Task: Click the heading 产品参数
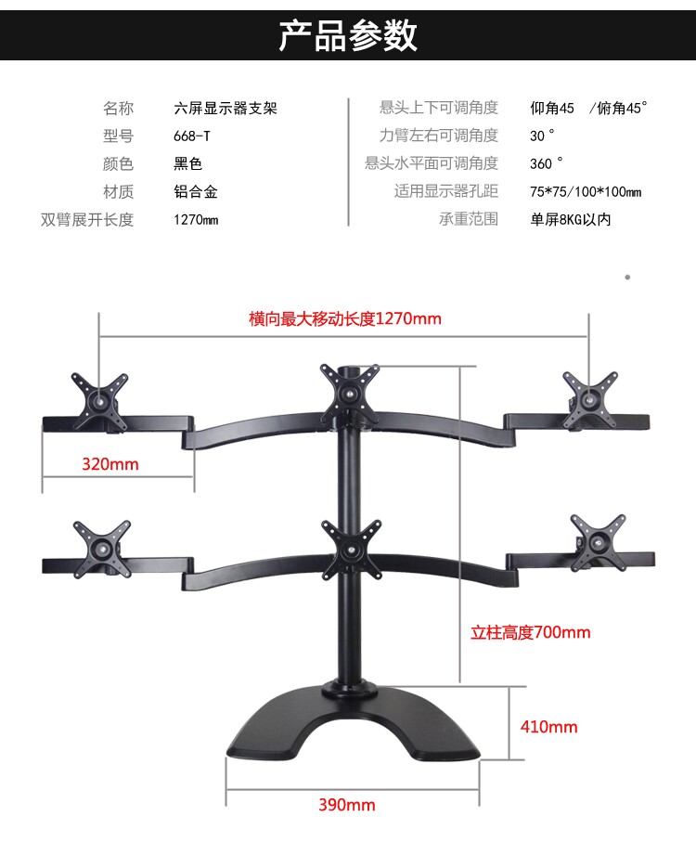[348, 34]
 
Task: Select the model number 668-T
[192, 136]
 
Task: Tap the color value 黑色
[187, 164]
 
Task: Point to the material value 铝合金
[196, 192]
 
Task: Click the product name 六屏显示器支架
[226, 108]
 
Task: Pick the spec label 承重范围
[469, 220]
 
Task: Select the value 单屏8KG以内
[571, 220]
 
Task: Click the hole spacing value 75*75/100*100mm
[586, 192]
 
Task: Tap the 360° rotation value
[546, 164]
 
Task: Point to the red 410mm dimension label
[548, 726]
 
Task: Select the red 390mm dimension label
[347, 805]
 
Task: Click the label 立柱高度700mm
[531, 632]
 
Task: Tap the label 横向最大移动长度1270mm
[345, 318]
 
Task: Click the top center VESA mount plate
[350, 390]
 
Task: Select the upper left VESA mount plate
[99, 398]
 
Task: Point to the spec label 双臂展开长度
[87, 220]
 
